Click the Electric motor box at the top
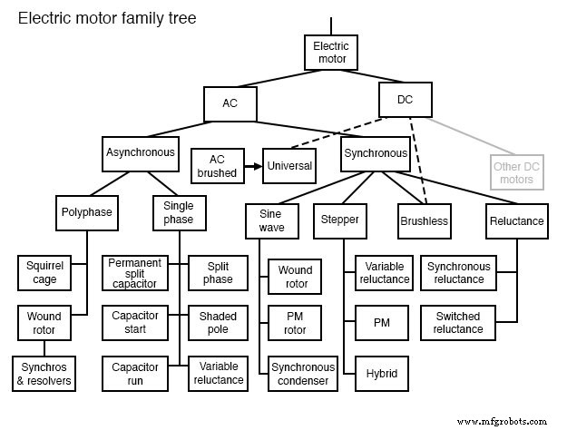tap(331, 53)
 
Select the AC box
tap(230, 103)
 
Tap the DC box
tap(405, 100)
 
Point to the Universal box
tap(290, 166)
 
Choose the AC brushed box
tap(216, 166)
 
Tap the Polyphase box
tap(87, 212)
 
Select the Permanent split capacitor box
tap(134, 273)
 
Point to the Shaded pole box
tap(218, 323)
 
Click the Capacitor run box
tap(134, 374)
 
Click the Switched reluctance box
tap(458, 323)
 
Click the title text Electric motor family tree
tap(107, 18)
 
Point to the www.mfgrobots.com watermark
tap(503, 420)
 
